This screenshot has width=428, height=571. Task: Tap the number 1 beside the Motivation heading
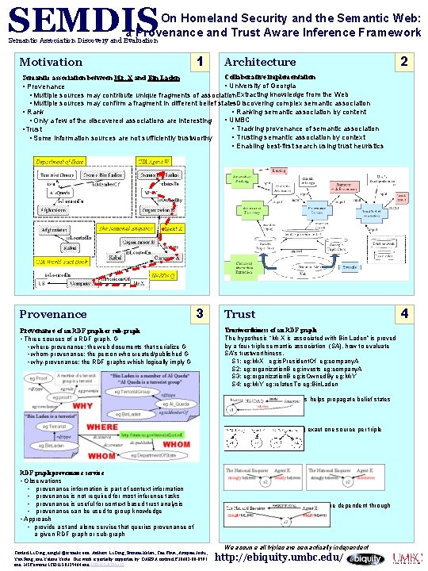pyautogui.click(x=203, y=61)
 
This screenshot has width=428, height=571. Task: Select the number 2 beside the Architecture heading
pyautogui.click(x=405, y=61)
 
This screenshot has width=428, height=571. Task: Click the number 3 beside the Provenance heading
pyautogui.click(x=202, y=313)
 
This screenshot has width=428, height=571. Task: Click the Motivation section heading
pyautogui.click(x=51, y=62)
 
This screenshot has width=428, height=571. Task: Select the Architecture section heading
pyautogui.click(x=260, y=62)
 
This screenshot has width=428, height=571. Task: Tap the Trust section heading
pyautogui.click(x=239, y=314)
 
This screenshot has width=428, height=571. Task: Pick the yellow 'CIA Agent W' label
pyautogui.click(x=156, y=161)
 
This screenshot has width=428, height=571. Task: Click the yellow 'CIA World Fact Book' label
pyautogui.click(x=60, y=261)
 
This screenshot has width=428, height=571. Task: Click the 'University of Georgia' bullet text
pyautogui.click(x=265, y=86)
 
